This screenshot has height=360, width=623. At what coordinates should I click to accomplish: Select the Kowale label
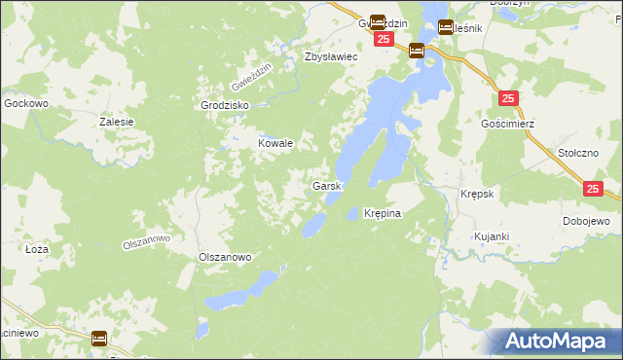275,143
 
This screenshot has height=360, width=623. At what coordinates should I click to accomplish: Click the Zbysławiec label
332,57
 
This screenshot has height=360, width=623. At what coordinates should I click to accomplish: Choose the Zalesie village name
116,122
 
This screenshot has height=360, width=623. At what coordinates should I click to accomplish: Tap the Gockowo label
26,102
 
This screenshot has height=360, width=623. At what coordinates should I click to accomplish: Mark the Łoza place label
37,249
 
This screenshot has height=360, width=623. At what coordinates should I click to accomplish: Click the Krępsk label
477,194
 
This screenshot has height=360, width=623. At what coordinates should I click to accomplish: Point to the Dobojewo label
586,222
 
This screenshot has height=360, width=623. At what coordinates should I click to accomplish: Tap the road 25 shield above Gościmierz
509,99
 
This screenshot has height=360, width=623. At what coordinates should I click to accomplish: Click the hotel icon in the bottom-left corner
99,339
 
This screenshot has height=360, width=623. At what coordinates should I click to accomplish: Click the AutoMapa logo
556,342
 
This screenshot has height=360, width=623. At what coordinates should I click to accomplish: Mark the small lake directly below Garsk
314,226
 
